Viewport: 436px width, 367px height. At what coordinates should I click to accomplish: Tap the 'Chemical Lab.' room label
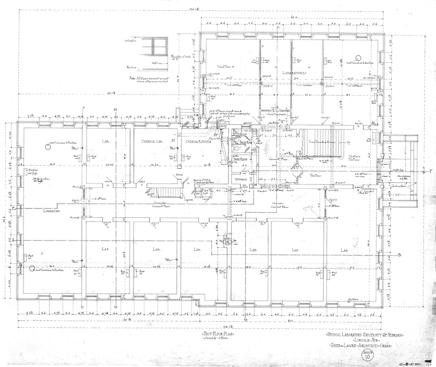click(x=152, y=141)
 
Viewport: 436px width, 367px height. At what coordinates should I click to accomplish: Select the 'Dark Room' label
click(x=240, y=160)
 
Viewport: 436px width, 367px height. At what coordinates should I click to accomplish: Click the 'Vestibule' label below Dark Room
click(x=241, y=179)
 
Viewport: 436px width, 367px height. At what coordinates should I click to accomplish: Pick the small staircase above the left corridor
click(x=163, y=191)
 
